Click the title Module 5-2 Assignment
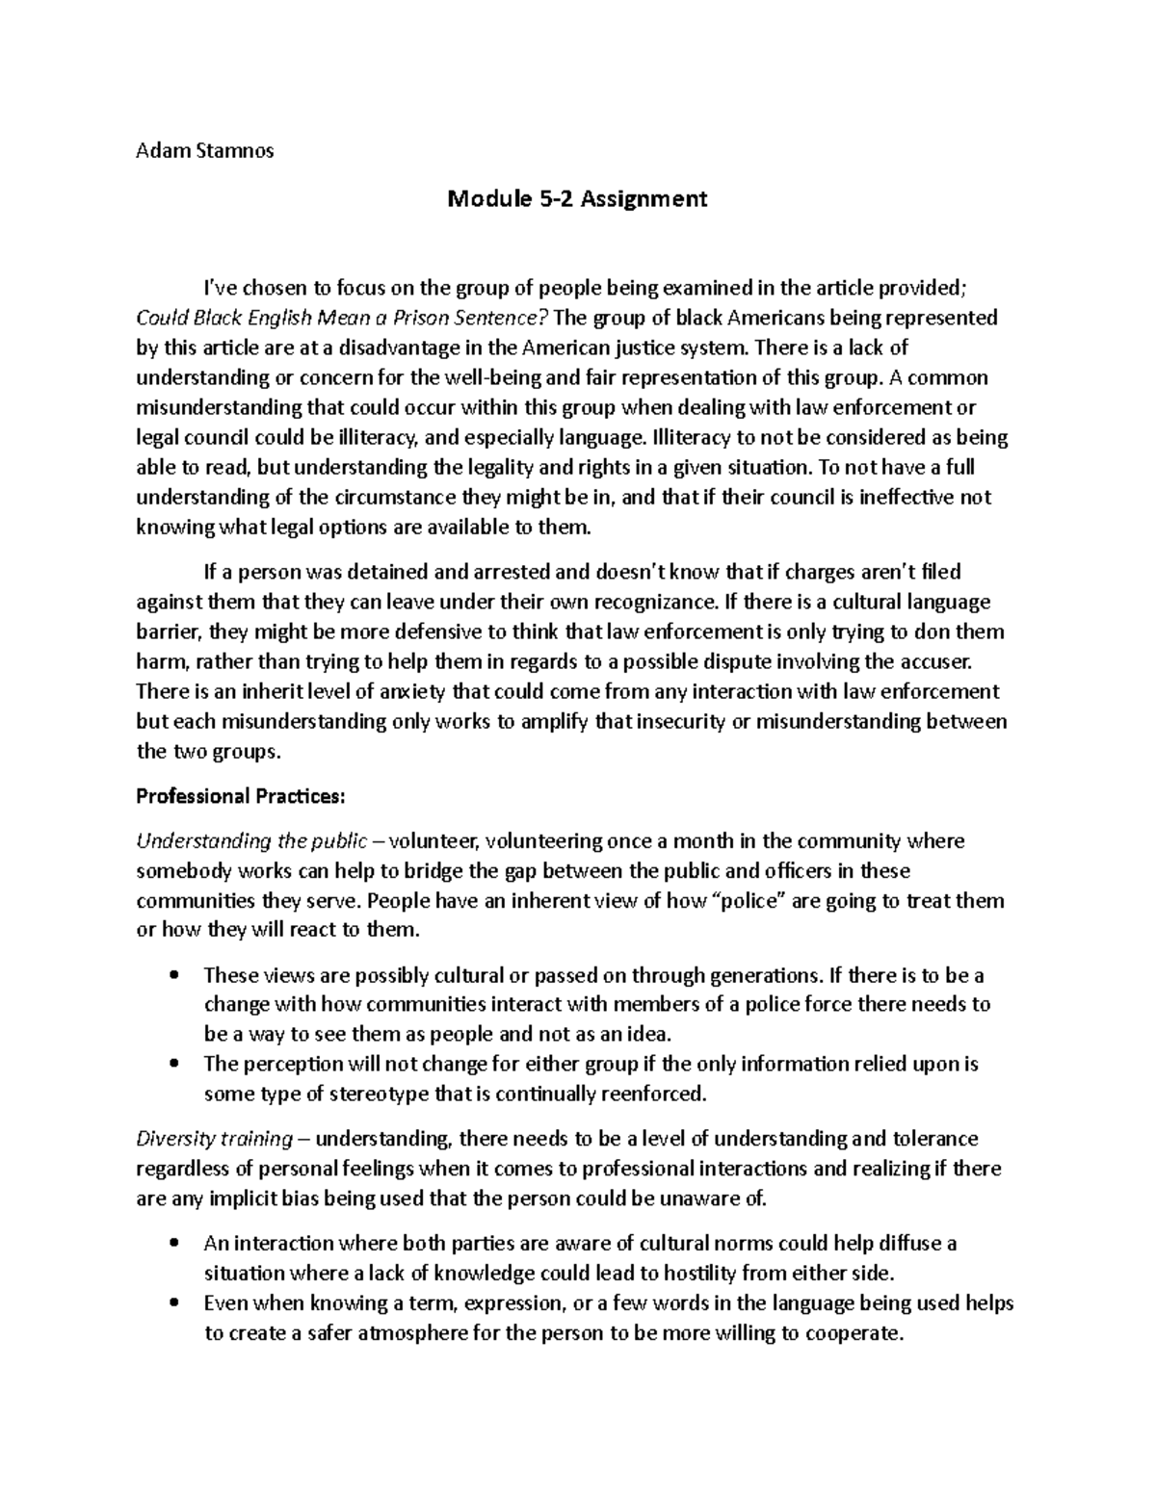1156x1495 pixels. [x=576, y=199]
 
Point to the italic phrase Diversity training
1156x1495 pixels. [x=215, y=1139]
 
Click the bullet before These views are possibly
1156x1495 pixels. [x=172, y=975]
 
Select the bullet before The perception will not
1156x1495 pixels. [x=172, y=1065]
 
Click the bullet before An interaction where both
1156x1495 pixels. [x=172, y=1244]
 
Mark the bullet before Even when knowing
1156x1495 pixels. [x=172, y=1303]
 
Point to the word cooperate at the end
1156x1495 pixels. [x=854, y=1334]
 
